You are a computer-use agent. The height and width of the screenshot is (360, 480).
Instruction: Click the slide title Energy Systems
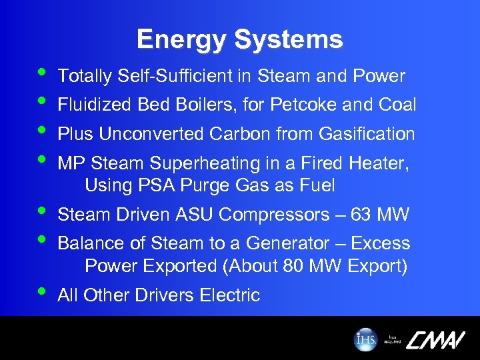pyautogui.click(x=239, y=39)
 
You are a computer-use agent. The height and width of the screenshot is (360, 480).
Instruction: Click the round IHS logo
pyautogui.click(x=365, y=339)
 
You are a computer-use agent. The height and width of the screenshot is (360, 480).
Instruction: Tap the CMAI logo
pyautogui.click(x=434, y=339)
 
